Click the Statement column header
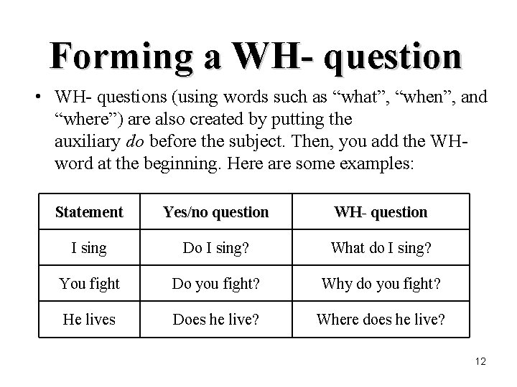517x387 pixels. pyautogui.click(x=89, y=212)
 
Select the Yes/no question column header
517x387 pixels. pyautogui.click(x=216, y=212)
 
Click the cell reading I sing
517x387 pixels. pyautogui.click(x=89, y=248)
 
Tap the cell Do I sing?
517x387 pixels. pyautogui.click(x=216, y=248)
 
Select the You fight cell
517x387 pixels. pyautogui.click(x=89, y=283)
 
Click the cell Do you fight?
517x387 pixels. pyautogui.click(x=216, y=283)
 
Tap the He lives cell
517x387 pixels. pyautogui.click(x=89, y=319)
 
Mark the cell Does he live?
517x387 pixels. pyautogui.click(x=216, y=319)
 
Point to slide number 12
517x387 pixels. pyautogui.click(x=480, y=362)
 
